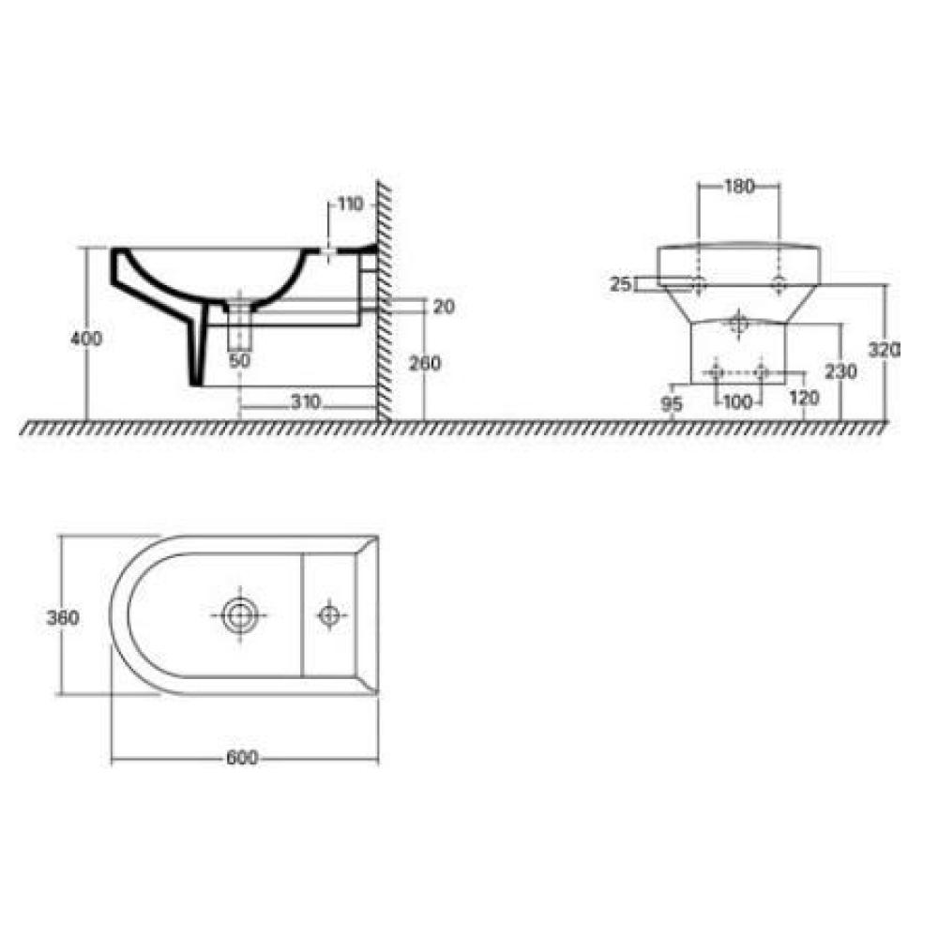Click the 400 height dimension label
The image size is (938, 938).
click(x=86, y=339)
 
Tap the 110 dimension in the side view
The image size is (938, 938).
click(x=351, y=204)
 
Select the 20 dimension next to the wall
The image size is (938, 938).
click(x=444, y=307)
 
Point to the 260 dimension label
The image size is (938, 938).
click(x=424, y=363)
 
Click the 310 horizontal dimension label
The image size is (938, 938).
click(x=306, y=402)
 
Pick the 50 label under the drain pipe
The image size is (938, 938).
click(x=240, y=361)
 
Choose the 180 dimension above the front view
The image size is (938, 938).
click(x=739, y=187)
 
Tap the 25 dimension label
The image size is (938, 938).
click(x=620, y=284)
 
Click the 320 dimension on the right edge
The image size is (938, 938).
click(x=885, y=350)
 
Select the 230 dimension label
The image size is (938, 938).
click(x=840, y=371)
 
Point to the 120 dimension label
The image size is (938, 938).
click(x=804, y=397)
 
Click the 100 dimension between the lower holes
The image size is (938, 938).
click(x=737, y=401)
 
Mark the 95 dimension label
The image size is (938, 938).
click(x=672, y=404)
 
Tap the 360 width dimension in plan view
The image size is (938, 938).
click(x=63, y=617)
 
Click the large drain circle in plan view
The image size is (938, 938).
click(x=240, y=615)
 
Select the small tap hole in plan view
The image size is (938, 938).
click(x=329, y=615)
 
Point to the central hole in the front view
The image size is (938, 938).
click(x=739, y=325)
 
